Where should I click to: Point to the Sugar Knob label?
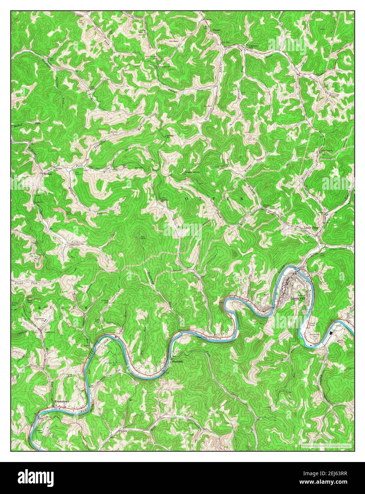[193, 172]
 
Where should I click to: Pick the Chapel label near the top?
[216, 30]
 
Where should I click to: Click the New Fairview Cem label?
[153, 57]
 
